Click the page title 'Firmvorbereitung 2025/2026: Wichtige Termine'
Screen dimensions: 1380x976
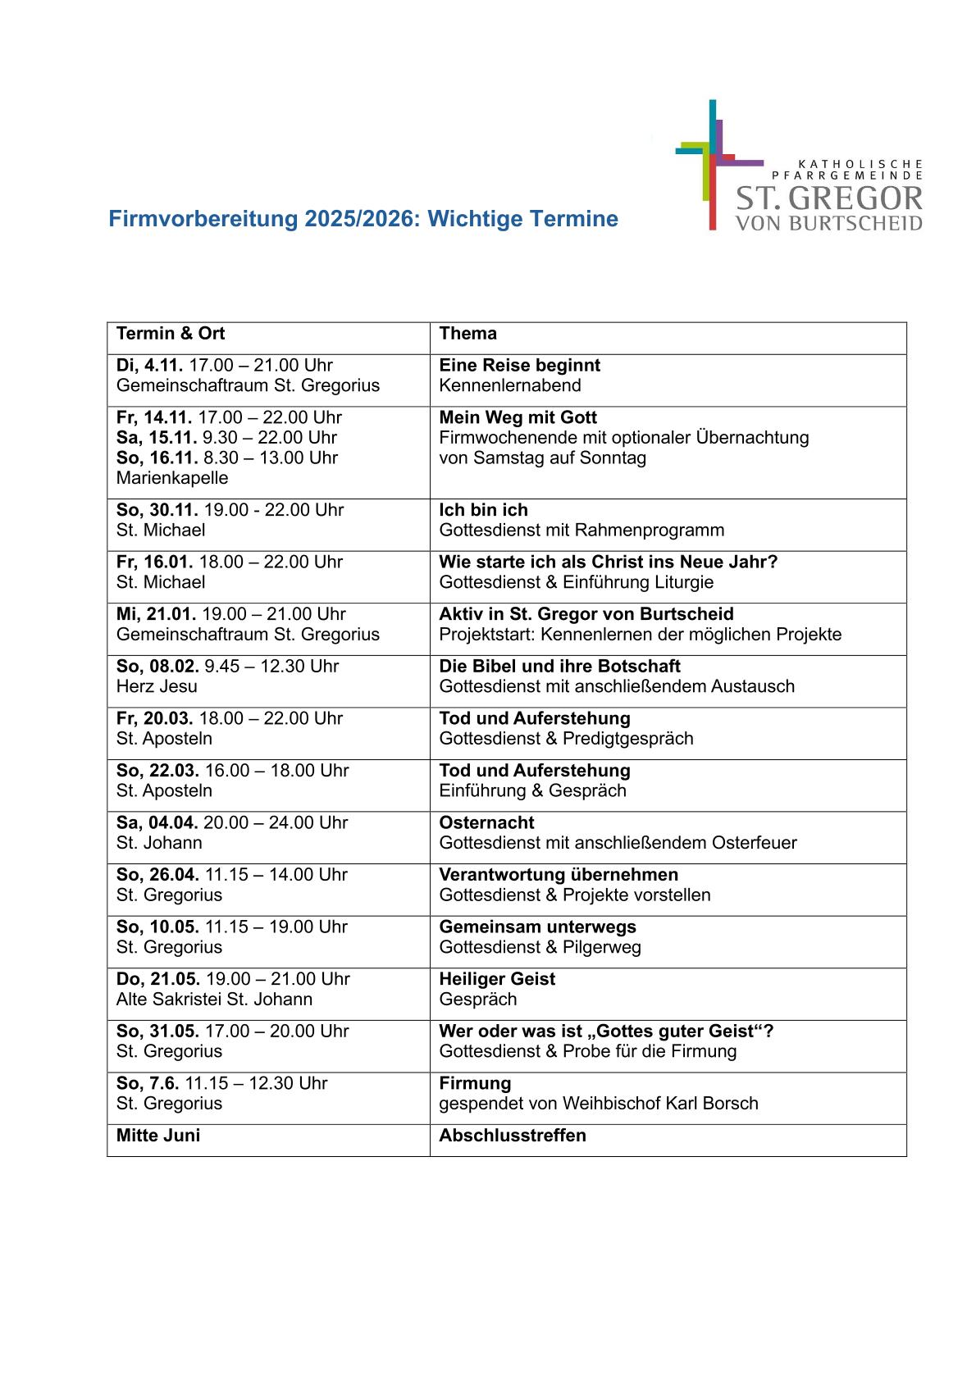(363, 219)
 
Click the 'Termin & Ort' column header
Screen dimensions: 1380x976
(171, 334)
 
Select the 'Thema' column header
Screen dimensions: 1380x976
(467, 334)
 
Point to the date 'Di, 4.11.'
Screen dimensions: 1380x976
(150, 366)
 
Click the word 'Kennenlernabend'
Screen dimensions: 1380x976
(510, 385)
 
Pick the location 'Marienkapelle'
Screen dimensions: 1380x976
(172, 478)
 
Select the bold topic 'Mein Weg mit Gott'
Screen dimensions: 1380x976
(518, 418)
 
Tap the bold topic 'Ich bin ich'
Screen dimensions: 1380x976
(483, 510)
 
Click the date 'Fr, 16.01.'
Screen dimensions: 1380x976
(155, 562)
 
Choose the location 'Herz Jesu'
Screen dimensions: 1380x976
(157, 686)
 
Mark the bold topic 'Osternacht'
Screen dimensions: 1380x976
(486, 823)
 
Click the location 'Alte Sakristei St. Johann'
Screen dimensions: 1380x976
(214, 1000)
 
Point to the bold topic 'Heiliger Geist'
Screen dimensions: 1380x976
(497, 979)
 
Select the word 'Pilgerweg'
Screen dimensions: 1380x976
(602, 947)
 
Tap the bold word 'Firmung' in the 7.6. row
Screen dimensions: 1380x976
(475, 1083)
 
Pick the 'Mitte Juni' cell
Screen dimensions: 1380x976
(158, 1136)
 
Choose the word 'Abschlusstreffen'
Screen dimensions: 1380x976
(513, 1136)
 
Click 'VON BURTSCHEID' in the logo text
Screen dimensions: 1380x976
(828, 223)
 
